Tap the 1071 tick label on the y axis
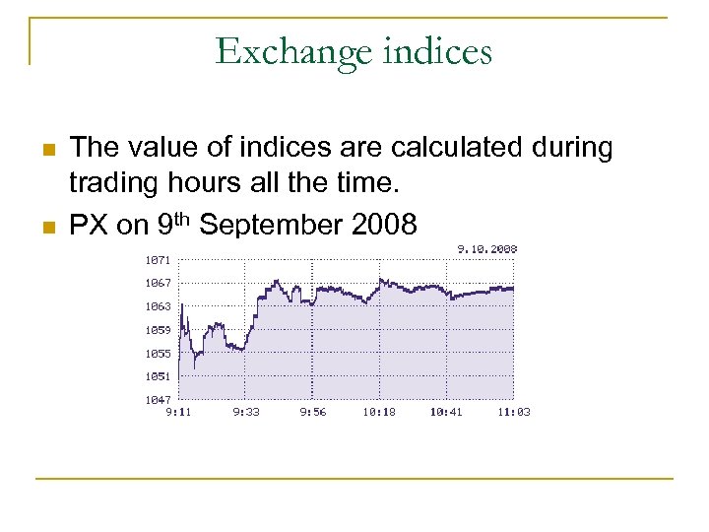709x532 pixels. pos(158,260)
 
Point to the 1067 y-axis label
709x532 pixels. pos(158,284)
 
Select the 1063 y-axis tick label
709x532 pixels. pos(158,306)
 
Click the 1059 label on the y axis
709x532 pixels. pos(158,330)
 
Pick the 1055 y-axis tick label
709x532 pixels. pos(158,354)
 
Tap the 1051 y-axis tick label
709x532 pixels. pos(158,376)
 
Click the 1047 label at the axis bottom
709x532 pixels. pos(158,400)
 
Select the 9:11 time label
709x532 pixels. pos(178,412)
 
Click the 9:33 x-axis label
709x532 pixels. pos(246,412)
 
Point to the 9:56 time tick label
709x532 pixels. pos(313,412)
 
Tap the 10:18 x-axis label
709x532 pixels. pos(379,412)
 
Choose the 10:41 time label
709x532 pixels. pos(446,412)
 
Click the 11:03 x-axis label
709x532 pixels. pos(513,412)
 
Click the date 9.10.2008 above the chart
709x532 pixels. pos(487,249)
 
